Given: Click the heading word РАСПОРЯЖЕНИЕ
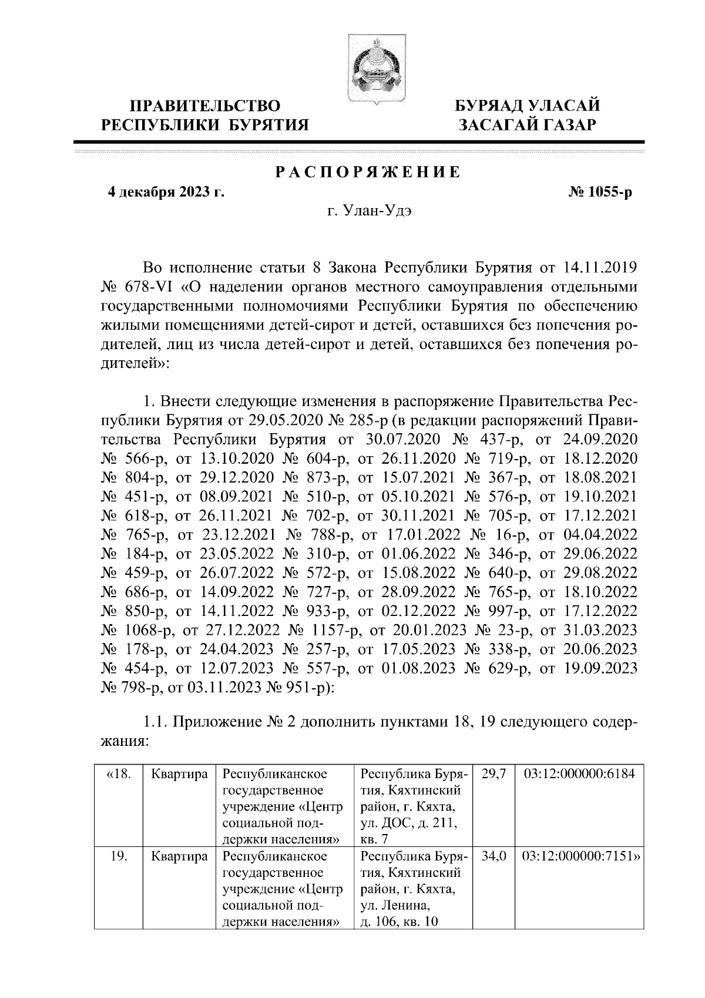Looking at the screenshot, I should tap(368, 173).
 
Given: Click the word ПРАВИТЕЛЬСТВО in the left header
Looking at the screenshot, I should tap(206, 106).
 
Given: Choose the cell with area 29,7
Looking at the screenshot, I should tap(493, 773).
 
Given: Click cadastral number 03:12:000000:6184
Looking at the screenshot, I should tap(579, 773).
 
